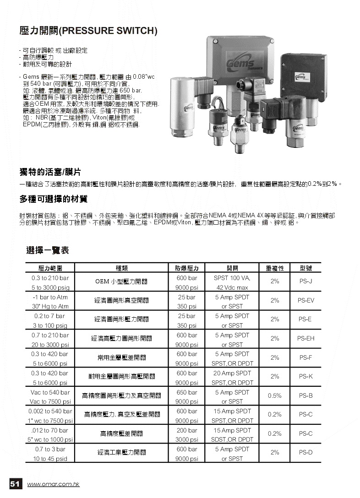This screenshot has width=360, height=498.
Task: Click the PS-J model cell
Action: pos(305,281)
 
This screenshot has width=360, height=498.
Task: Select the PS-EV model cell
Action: pos(305,300)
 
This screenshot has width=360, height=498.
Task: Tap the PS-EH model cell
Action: pos(305,338)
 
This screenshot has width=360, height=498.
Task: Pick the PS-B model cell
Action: pos(305,395)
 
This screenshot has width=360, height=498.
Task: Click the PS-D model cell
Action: pos(305,452)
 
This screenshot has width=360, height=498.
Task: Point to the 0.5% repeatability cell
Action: pos(274,395)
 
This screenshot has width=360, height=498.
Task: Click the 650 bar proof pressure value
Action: pos(187,392)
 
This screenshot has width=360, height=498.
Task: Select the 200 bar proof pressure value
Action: pos(187,430)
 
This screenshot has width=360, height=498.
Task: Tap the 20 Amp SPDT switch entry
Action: pos(232,373)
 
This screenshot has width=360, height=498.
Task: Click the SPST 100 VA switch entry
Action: pos(232,278)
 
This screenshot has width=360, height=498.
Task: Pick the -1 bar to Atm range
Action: pos(50,297)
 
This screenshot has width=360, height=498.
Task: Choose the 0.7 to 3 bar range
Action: pos(50,449)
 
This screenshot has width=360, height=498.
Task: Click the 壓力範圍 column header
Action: pos(50,268)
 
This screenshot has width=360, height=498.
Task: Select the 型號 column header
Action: pos(305,268)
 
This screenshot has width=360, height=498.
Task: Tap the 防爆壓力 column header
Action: pos(187,268)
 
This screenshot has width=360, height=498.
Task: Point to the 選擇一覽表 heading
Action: pos(47,250)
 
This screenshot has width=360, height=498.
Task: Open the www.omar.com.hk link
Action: pos(53,484)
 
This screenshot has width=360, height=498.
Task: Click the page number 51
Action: pos(15,484)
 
